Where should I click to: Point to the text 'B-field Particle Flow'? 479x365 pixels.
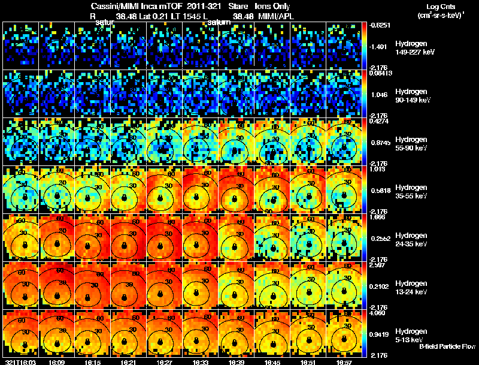(447, 346)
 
